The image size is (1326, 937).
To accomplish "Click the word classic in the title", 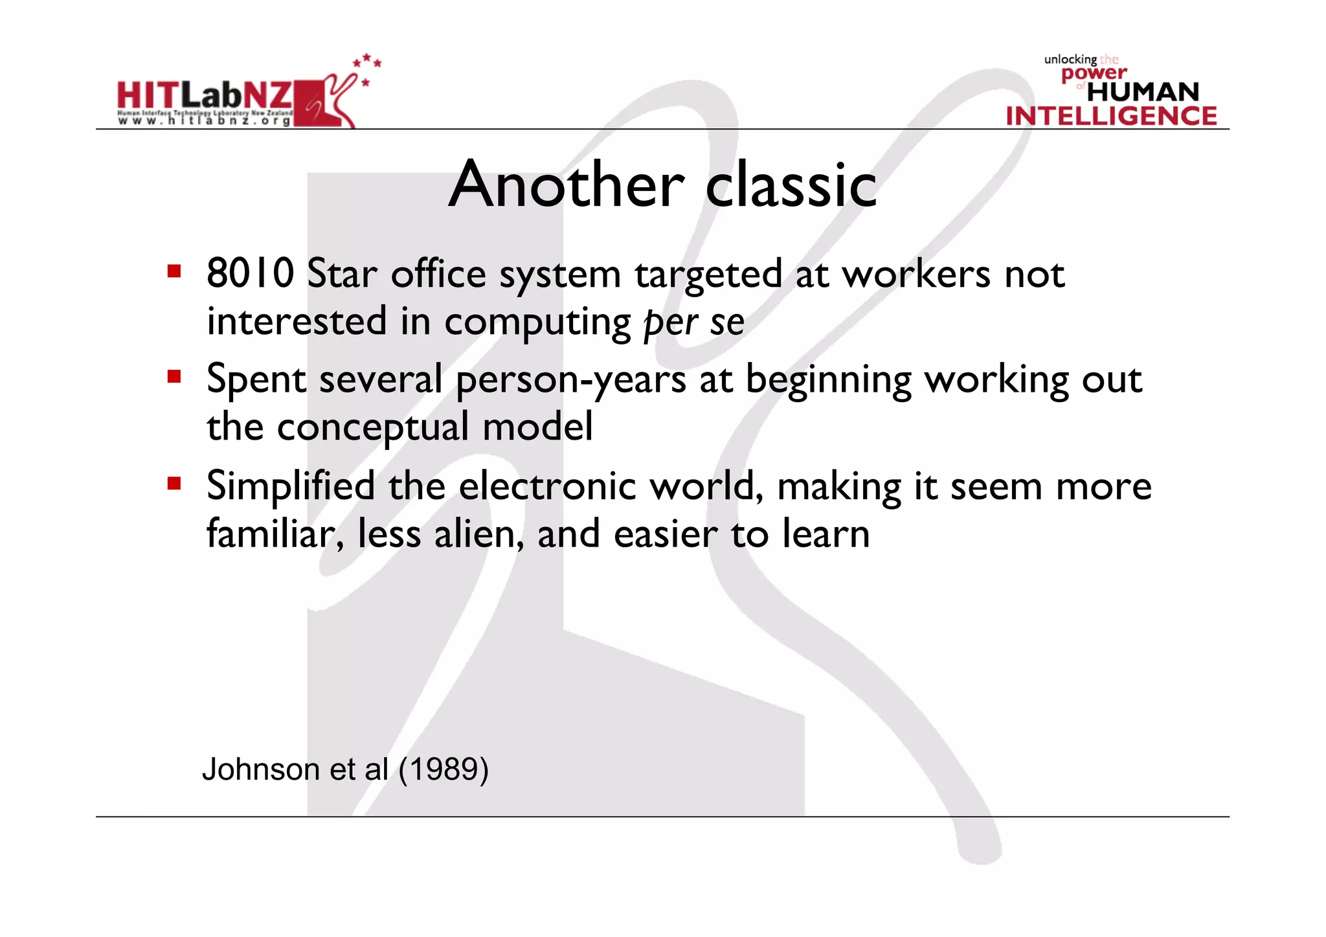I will click(791, 185).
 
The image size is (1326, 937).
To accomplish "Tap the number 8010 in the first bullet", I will click(251, 273).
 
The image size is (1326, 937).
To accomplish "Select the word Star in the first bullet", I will click(342, 273).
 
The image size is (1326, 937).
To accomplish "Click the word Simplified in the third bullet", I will click(291, 486).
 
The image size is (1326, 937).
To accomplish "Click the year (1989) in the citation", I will click(444, 769).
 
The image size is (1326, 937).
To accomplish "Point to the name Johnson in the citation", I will click(261, 769).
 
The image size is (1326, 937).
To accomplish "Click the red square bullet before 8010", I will click(174, 271).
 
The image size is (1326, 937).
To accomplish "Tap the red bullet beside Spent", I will click(174, 377).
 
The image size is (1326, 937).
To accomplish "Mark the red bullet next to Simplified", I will click(174, 483).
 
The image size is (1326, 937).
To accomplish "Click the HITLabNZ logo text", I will click(205, 96).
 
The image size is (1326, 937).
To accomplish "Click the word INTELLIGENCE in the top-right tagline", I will click(1111, 116).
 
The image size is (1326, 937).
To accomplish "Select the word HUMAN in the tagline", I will click(1143, 92).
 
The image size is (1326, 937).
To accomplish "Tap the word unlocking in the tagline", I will click(1070, 60).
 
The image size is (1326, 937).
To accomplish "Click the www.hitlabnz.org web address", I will click(205, 121).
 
